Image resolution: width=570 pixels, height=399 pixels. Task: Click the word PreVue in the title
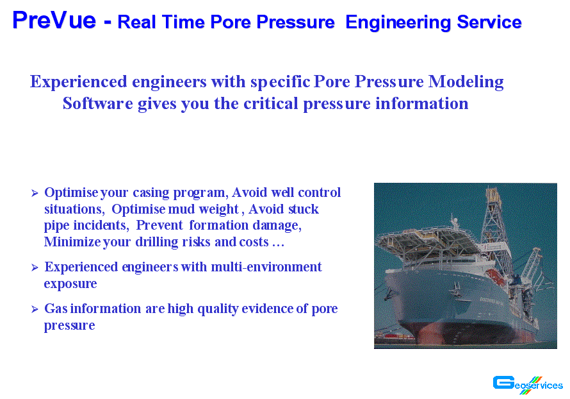click(x=54, y=20)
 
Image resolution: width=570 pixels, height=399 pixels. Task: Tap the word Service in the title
click(x=489, y=22)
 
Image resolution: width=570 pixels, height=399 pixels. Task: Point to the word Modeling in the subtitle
click(x=466, y=82)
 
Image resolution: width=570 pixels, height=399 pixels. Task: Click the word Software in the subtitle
click(x=98, y=103)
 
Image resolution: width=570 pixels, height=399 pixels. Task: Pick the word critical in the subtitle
click(x=271, y=103)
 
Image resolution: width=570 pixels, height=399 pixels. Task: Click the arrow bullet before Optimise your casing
click(x=35, y=193)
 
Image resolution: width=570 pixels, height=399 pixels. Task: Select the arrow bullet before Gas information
click(x=35, y=309)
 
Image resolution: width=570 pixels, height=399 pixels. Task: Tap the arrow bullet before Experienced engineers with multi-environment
click(x=35, y=267)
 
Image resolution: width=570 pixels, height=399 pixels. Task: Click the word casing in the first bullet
click(x=151, y=193)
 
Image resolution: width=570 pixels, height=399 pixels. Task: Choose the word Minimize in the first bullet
click(x=72, y=242)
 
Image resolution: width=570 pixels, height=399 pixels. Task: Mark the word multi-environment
click(x=266, y=267)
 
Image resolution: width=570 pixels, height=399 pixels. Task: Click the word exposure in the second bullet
click(x=70, y=284)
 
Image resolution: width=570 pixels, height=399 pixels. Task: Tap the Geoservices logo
click(x=528, y=384)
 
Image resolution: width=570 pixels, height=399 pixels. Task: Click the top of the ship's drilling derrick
click(x=493, y=191)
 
